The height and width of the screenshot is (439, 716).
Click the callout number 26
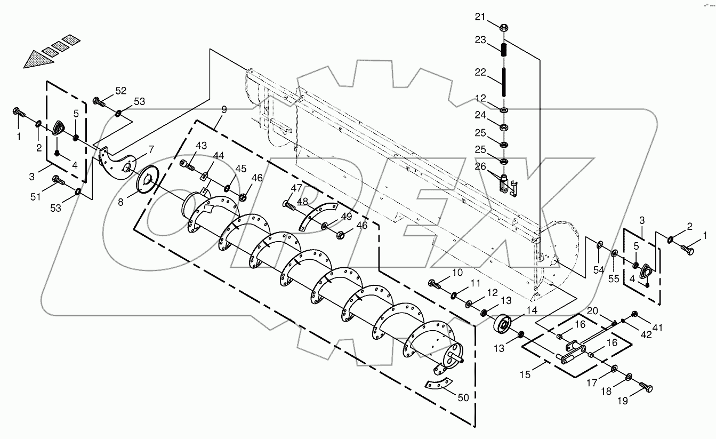(480, 167)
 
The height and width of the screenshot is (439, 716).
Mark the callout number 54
(599, 270)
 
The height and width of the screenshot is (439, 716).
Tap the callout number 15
(526, 375)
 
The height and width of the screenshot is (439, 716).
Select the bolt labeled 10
(435, 285)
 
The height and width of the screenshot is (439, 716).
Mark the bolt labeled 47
(289, 205)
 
